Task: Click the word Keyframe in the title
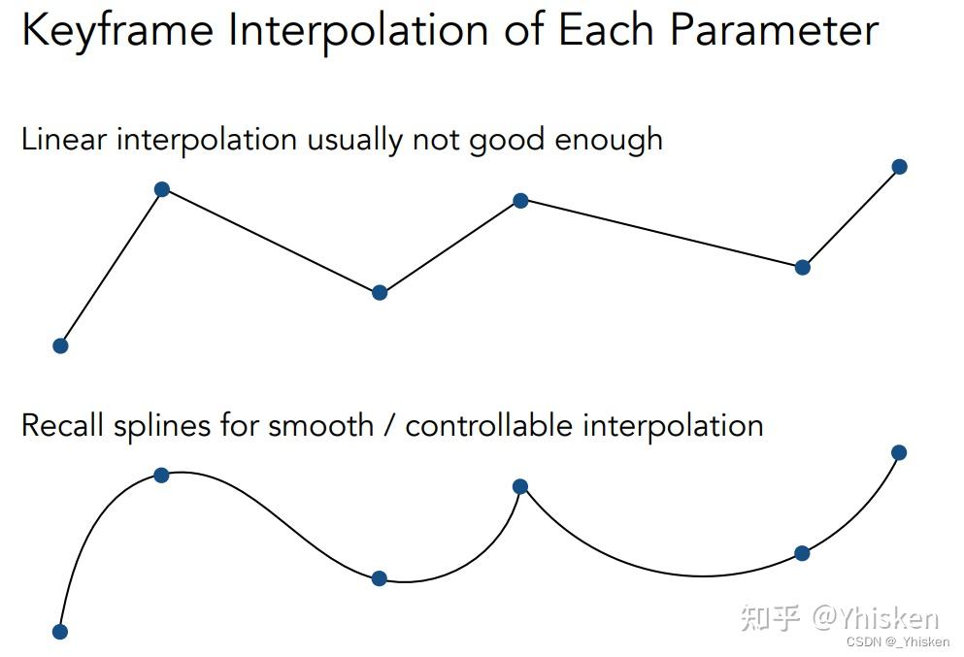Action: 117,31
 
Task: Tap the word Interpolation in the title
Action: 357,32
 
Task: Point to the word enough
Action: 609,141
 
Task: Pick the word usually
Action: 354,141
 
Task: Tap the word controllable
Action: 488,425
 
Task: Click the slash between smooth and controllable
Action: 389,426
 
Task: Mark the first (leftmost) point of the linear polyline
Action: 60,346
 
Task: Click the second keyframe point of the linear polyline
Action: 162,189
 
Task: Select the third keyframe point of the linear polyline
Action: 380,292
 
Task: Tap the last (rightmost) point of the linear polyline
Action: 900,167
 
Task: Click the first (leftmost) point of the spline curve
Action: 59,632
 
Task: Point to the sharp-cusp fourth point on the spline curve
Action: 520,487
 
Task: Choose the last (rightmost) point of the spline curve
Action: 899,453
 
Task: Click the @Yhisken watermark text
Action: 876,617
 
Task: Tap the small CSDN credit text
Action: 898,641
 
